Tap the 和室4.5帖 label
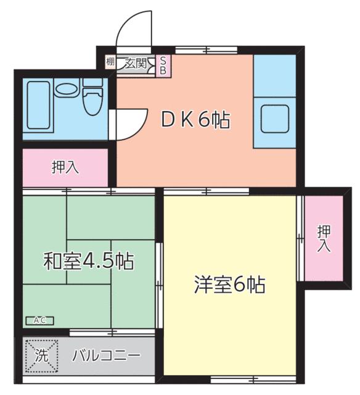[x=89, y=261]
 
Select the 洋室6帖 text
[x=229, y=285]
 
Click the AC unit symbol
[x=39, y=320]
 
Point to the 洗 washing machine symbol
[x=41, y=355]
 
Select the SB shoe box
[x=163, y=65]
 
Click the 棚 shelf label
[x=110, y=61]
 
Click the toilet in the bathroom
[x=92, y=99]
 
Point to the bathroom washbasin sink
[x=65, y=88]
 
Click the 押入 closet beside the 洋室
[x=324, y=238]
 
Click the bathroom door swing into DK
[x=131, y=123]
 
